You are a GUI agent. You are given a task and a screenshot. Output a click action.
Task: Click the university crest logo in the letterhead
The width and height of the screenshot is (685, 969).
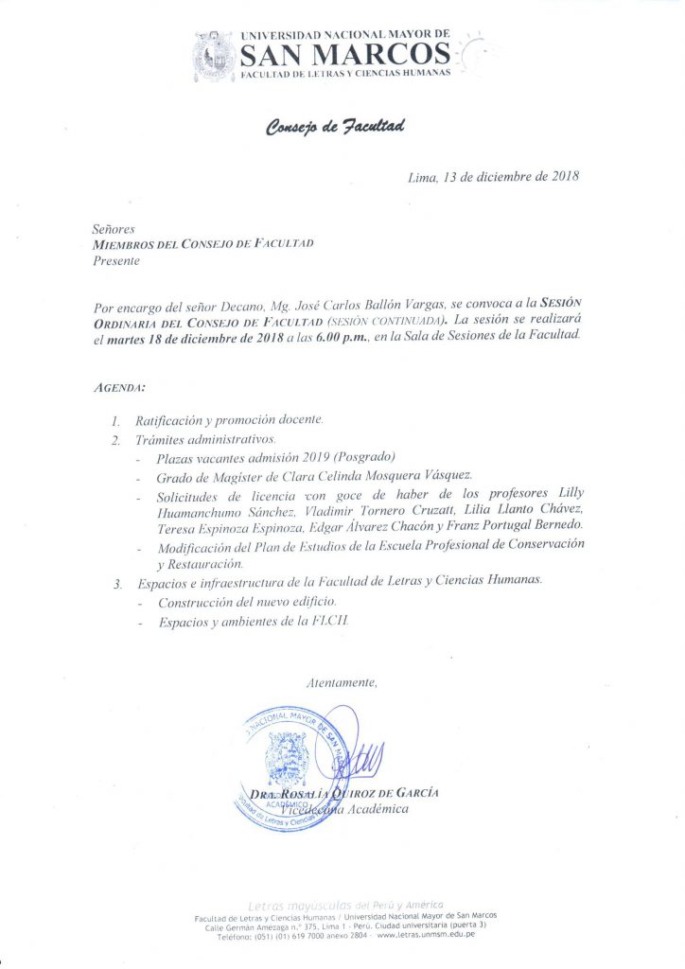215,54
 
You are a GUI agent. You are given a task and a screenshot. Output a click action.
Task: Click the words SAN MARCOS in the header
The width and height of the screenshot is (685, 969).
344,53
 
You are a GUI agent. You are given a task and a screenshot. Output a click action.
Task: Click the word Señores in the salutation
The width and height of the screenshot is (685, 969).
114,229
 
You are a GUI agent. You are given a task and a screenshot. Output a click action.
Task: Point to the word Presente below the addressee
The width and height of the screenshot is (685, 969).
116,261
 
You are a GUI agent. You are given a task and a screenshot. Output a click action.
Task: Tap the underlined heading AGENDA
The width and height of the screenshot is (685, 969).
119,389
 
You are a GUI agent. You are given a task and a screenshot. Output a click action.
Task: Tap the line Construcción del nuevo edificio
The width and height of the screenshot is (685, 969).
247,602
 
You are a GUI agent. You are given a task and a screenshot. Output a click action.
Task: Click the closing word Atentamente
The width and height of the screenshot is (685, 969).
342,682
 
